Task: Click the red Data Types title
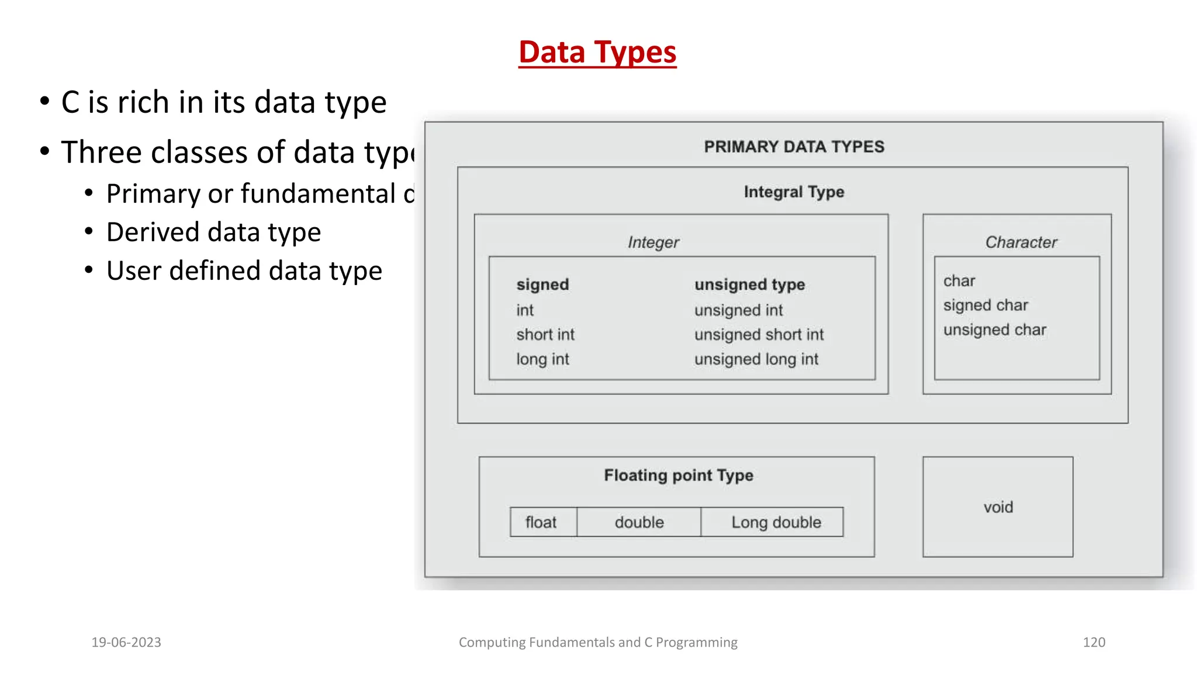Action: tap(597, 52)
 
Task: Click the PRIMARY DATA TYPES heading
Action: tap(794, 147)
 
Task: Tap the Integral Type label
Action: tap(794, 192)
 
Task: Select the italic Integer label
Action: tap(653, 242)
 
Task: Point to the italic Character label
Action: tap(1020, 242)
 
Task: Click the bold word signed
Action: tap(542, 285)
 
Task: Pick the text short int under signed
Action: tap(545, 335)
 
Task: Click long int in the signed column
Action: tap(542, 359)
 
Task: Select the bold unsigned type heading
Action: tap(749, 285)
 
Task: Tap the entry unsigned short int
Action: tap(759, 335)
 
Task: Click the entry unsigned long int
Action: tap(756, 359)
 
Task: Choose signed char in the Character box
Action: tap(985, 305)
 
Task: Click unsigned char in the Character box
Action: tap(994, 330)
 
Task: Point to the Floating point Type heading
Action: tap(678, 476)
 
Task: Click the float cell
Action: tap(541, 522)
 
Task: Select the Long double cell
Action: tap(776, 522)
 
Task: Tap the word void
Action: tap(998, 507)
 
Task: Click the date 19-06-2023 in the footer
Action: tap(126, 642)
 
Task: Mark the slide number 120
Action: tap(1094, 642)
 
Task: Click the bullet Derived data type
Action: tap(213, 233)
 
